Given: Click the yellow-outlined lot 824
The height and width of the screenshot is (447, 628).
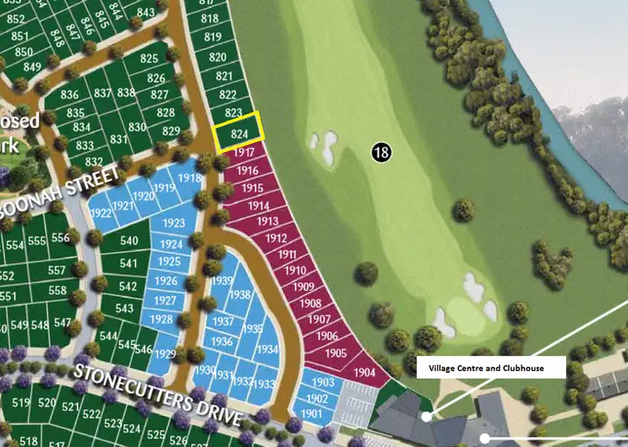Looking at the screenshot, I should pyautogui.click(x=239, y=133).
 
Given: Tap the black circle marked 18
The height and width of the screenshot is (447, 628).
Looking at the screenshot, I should pyautogui.click(x=382, y=152).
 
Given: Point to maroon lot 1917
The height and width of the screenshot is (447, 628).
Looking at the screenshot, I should pyautogui.click(x=245, y=154).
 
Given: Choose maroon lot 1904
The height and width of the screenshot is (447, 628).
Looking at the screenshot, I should pyautogui.click(x=364, y=372).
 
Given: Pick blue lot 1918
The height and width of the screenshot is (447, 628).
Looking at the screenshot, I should pyautogui.click(x=190, y=177).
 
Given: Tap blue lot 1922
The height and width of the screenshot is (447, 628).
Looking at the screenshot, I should pyautogui.click(x=100, y=213).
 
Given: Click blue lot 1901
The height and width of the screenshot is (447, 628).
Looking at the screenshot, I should pyautogui.click(x=311, y=414).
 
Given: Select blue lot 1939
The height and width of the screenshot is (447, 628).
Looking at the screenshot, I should pyautogui.click(x=223, y=280).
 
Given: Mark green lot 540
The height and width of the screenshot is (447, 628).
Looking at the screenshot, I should pyautogui.click(x=129, y=241).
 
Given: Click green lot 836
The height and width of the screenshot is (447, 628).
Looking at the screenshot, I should pyautogui.click(x=69, y=95).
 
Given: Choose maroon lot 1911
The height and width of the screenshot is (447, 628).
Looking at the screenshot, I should pyautogui.click(x=287, y=254).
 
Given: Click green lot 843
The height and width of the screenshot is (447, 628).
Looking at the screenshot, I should pyautogui.click(x=146, y=12).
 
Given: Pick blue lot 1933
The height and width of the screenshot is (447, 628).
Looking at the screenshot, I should pyautogui.click(x=263, y=383).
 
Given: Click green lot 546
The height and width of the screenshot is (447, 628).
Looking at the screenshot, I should pyautogui.click(x=143, y=349).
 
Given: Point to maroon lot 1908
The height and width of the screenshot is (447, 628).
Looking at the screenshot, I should pyautogui.click(x=310, y=303).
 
